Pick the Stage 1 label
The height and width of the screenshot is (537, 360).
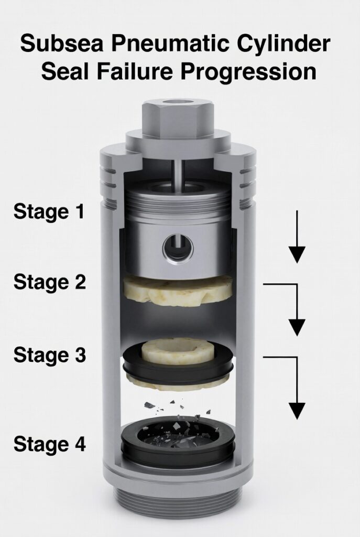[49, 212]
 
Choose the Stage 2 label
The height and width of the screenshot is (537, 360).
[50, 283]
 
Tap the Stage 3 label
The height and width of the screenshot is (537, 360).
[50, 355]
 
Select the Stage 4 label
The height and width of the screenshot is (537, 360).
[50, 445]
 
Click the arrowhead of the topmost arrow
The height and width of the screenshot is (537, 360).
[297, 255]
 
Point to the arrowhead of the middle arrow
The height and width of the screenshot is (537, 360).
[297, 327]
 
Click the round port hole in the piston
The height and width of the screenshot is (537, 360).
[178, 248]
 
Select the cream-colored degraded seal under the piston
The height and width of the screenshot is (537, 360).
[178, 291]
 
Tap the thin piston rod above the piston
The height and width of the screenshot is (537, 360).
[178, 175]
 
